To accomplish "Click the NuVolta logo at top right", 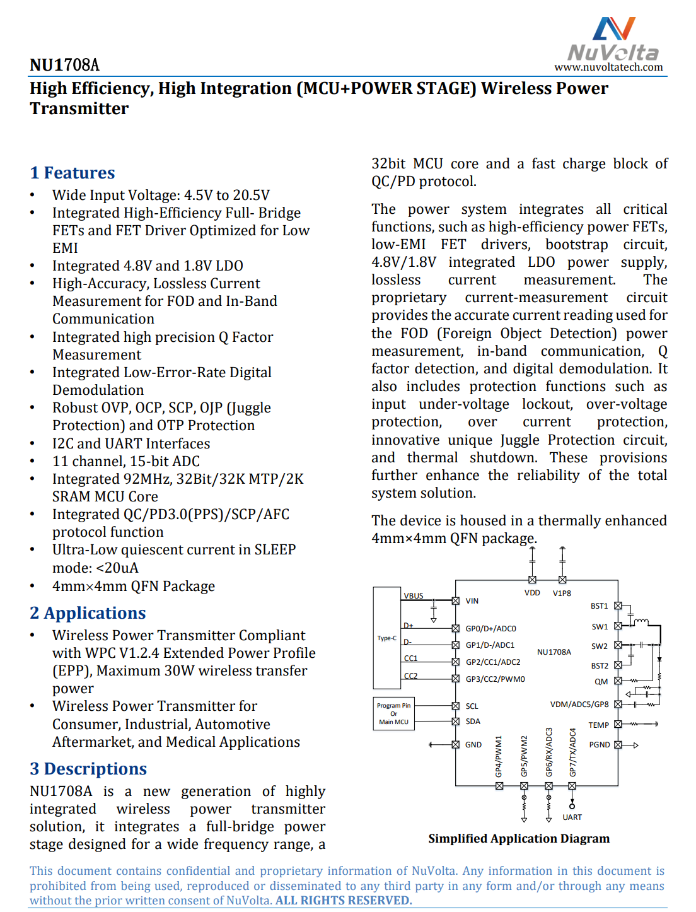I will [x=613, y=39].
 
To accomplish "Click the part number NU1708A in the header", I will [x=64, y=65].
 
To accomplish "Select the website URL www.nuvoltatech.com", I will [x=608, y=67].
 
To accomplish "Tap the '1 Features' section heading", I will [x=72, y=173].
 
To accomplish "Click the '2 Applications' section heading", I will [x=88, y=613].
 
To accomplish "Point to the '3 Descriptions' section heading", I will [x=88, y=769].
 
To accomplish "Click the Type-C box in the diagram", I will [x=386, y=638].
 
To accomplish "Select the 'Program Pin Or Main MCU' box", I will [x=393, y=713].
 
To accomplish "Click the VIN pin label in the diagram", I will [x=472, y=601].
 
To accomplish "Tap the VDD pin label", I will [x=532, y=593].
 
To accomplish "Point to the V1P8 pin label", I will [x=562, y=593].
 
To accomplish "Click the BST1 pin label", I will [x=599, y=606].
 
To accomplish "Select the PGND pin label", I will [x=599, y=745].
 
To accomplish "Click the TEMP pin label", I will [x=598, y=725].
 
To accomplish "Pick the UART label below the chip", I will [x=572, y=817].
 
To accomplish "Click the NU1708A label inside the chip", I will [x=554, y=652].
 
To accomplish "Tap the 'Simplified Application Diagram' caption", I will [x=518, y=838].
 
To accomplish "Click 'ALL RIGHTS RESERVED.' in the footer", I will [x=344, y=900].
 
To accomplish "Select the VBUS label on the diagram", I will [x=414, y=595].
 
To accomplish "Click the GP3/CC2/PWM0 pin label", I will [x=495, y=679].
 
